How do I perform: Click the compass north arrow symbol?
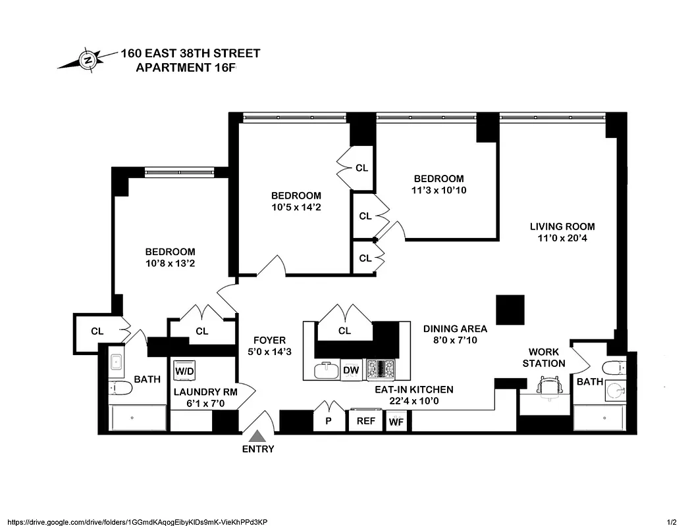[86, 60]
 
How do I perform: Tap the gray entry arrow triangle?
[258, 436]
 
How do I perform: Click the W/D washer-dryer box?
[184, 371]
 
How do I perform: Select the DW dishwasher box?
[351, 371]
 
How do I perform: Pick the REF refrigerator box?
[365, 421]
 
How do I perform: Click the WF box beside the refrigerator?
[396, 421]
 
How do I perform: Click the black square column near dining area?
[510, 310]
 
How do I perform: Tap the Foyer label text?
[269, 340]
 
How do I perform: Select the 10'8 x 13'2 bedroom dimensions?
[170, 264]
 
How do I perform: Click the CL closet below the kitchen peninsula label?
[344, 331]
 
